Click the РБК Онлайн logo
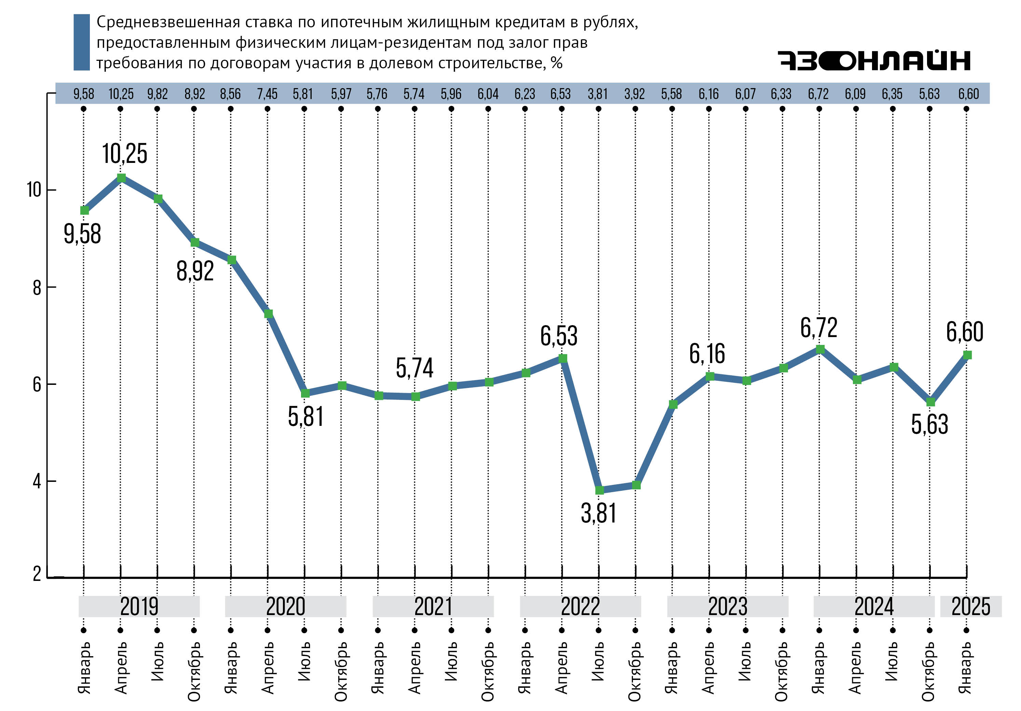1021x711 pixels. click(873, 60)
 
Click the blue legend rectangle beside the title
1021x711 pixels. click(81, 42)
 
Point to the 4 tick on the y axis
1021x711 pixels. click(37, 481)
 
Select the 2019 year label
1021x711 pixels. click(139, 607)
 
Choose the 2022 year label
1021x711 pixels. click(580, 607)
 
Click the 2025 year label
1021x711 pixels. click(970, 607)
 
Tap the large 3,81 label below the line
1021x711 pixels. click(599, 514)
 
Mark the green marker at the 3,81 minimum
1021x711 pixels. click(599, 490)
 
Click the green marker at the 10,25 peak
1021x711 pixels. click(121, 178)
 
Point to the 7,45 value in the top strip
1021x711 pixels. click(267, 94)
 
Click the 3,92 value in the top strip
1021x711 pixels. click(635, 94)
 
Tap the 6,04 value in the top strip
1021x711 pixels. click(488, 94)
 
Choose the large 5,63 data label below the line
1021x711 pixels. click(929, 424)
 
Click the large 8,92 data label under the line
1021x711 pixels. click(195, 271)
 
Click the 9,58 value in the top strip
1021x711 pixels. click(84, 94)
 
